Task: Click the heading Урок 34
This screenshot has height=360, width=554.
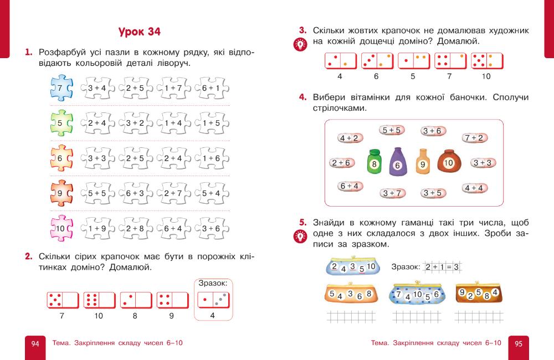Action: (x=140, y=32)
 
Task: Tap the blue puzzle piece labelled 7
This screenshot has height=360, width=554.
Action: (x=60, y=88)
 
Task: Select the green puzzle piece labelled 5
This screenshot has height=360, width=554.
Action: (x=60, y=123)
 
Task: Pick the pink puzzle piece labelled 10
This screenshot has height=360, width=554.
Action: (x=60, y=228)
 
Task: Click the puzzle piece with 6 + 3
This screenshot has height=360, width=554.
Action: (x=135, y=193)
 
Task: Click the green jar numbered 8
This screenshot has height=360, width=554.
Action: (x=375, y=163)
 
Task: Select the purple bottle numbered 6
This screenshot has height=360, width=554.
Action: (x=397, y=162)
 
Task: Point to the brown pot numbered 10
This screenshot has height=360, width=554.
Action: (x=449, y=162)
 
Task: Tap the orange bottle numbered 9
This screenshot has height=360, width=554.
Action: (x=423, y=162)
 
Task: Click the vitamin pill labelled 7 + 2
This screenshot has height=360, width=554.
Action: (x=473, y=138)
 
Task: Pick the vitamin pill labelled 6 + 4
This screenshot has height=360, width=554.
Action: (x=349, y=186)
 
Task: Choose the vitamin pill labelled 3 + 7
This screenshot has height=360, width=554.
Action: (x=392, y=193)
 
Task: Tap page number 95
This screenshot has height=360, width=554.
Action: (x=519, y=343)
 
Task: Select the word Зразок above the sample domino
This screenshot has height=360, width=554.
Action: (x=213, y=283)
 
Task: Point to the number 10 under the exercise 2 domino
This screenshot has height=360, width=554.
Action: (x=99, y=316)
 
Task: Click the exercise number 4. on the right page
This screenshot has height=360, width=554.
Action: (x=303, y=97)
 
